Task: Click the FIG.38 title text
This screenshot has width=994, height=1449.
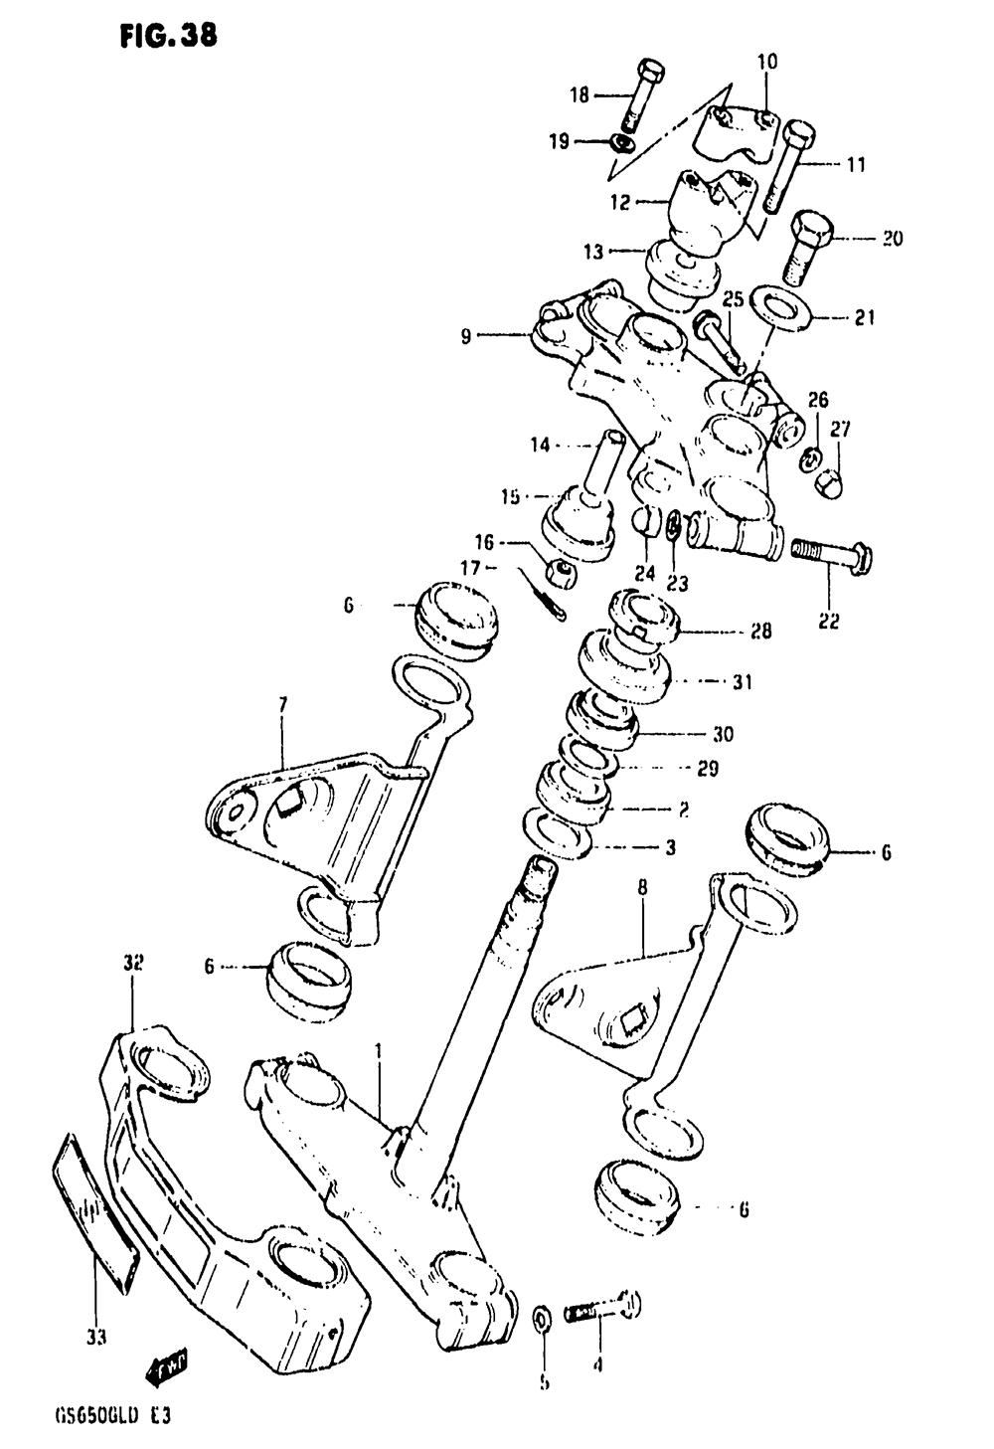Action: [x=166, y=37]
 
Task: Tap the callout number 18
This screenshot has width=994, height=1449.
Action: [x=580, y=95]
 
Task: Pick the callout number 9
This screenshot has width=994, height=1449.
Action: [x=466, y=336]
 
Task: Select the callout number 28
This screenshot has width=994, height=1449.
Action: [x=761, y=632]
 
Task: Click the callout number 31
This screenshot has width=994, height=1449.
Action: [x=742, y=683]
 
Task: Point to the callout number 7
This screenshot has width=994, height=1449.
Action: [x=281, y=706]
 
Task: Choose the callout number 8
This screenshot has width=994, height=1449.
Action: [x=642, y=888]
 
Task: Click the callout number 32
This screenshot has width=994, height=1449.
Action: [x=134, y=963]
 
